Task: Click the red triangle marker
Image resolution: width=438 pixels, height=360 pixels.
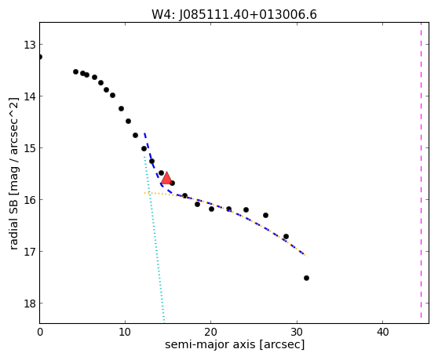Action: coord(166,178)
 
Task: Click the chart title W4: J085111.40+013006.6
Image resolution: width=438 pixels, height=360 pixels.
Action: coord(234,15)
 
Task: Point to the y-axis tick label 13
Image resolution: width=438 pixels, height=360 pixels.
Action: coord(30,45)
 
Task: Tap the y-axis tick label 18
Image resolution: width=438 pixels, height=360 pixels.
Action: coord(30,304)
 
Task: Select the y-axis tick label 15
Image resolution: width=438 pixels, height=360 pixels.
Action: coord(30,148)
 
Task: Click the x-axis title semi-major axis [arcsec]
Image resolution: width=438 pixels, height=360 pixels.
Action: coord(235,344)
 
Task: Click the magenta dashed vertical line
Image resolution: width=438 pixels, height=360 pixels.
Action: coord(421,170)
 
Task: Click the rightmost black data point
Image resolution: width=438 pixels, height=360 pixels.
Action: coord(306,278)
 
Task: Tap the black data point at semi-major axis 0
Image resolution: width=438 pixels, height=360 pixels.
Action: coord(40,57)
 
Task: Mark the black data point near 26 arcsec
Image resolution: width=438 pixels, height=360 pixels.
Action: coord(265,215)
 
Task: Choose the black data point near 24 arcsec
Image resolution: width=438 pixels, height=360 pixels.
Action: coord(246,209)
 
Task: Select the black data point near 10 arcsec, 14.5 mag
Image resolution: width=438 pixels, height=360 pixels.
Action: coord(128,121)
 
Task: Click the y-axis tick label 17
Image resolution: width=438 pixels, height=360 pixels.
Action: coord(30,252)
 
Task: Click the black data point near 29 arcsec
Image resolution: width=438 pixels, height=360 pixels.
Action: coord(286,236)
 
